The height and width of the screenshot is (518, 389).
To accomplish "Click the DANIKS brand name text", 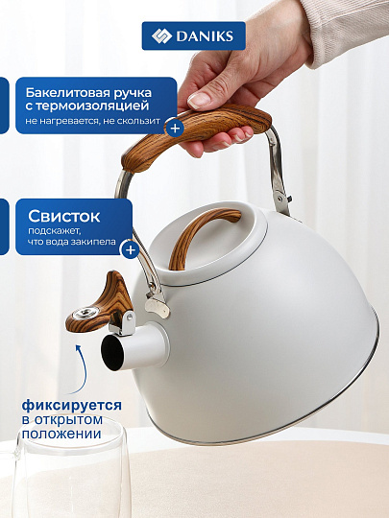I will pyautogui.click(x=207, y=36).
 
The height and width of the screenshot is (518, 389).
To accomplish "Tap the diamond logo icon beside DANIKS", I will pyautogui.click(x=162, y=36).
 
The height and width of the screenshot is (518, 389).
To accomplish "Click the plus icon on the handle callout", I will pyautogui.click(x=174, y=127).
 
